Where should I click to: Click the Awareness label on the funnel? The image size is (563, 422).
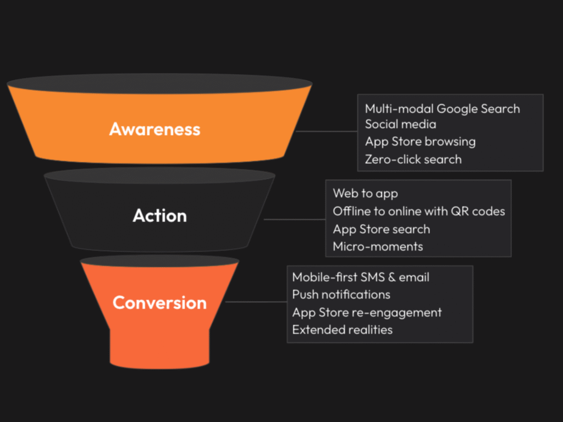click(154, 129)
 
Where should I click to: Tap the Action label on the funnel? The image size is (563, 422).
click(160, 215)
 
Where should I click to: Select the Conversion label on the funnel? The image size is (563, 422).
click(160, 303)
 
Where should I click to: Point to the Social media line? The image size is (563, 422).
click(401, 124)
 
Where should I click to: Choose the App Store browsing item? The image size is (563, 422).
click(421, 142)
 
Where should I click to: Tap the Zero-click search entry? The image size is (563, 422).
click(413, 159)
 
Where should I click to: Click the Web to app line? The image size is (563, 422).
click(366, 194)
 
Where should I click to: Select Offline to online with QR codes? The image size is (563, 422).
click(419, 212)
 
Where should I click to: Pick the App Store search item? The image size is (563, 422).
click(382, 229)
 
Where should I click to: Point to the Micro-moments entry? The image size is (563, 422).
click(378, 247)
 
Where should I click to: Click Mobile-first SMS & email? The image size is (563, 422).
click(361, 277)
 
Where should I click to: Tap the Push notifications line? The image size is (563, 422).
click(341, 295)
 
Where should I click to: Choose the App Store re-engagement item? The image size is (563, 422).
click(367, 313)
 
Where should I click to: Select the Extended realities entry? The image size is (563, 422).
click(343, 330)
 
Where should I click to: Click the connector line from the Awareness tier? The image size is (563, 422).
click(327, 131)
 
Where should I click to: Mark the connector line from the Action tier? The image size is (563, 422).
click(295, 219)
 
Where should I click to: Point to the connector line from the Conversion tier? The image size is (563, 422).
click(256, 302)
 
